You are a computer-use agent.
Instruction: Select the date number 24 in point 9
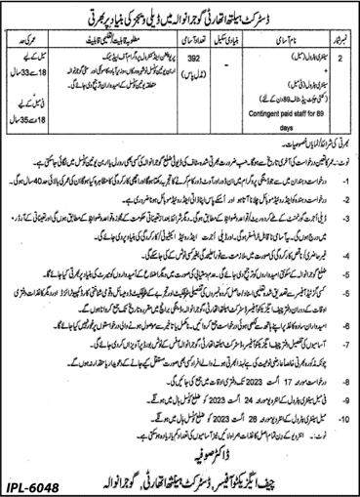pyautogui.click(x=184, y=371)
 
